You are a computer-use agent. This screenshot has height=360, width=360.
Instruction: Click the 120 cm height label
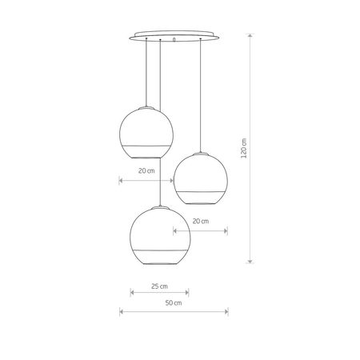[x=244, y=150]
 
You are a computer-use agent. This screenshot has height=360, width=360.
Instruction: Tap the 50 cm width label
[x=173, y=303]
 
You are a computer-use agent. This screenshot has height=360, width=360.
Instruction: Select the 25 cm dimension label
[x=159, y=285]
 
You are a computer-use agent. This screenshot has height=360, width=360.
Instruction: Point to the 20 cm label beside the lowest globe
[x=200, y=221]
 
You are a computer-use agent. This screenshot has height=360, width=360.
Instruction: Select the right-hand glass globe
[x=201, y=178]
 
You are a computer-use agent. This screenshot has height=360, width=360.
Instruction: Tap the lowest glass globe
[x=159, y=234]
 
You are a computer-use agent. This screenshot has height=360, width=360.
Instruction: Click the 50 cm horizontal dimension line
[x=173, y=311]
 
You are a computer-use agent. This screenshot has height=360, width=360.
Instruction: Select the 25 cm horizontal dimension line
[x=159, y=293]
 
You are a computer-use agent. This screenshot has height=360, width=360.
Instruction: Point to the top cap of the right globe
[x=201, y=153]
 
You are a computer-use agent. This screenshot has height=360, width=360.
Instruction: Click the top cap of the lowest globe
[x=159, y=206]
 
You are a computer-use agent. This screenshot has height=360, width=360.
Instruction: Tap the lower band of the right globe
[x=201, y=195]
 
